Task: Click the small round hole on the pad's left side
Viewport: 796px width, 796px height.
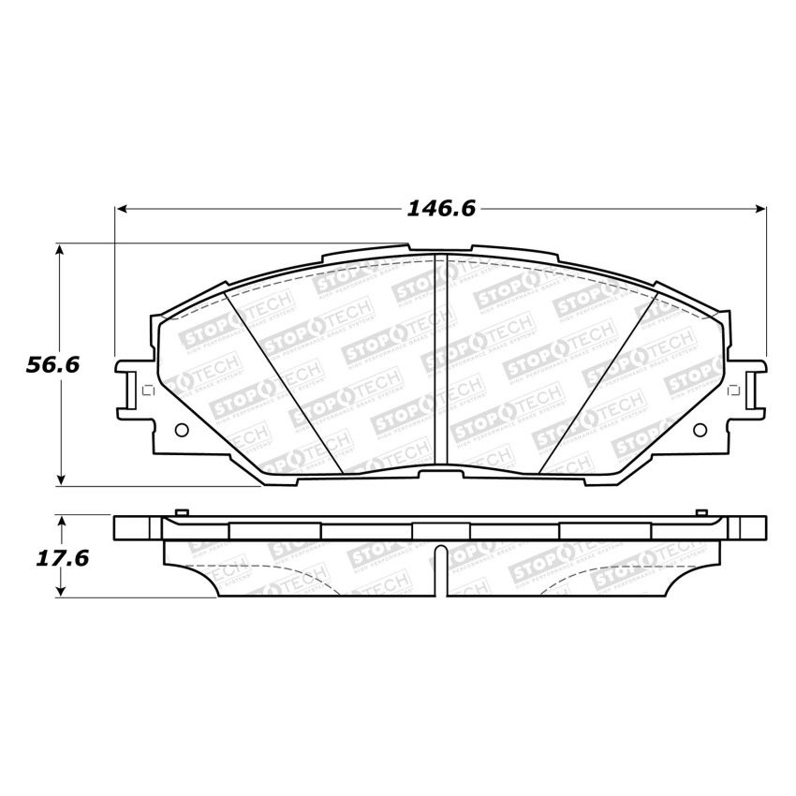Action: (182, 431)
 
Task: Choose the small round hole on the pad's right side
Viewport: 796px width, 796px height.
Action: (702, 430)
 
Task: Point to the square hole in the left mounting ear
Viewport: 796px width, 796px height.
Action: (143, 391)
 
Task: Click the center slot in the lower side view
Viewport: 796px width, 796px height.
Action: (441, 568)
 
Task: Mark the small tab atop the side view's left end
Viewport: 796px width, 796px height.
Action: (182, 511)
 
